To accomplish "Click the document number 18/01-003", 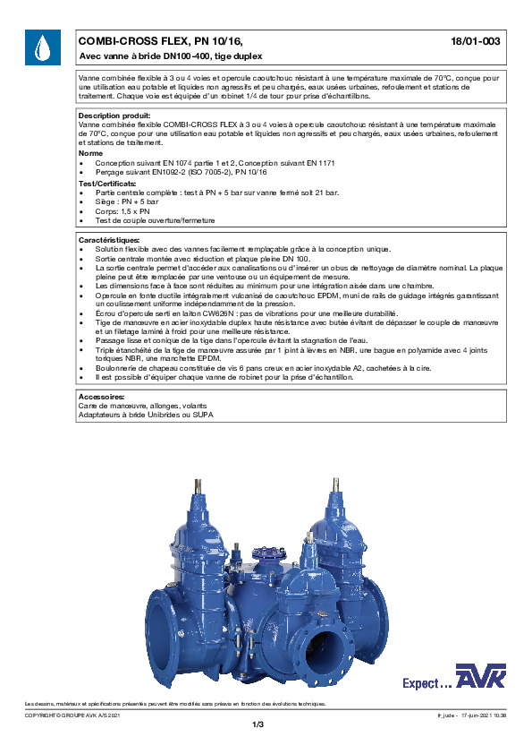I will [479, 41].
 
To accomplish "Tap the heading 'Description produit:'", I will [114, 116].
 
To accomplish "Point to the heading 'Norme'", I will [90, 153].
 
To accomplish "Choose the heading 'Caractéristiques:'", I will [109, 241].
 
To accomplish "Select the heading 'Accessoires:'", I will [101, 395].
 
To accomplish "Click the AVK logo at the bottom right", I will [480, 678].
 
